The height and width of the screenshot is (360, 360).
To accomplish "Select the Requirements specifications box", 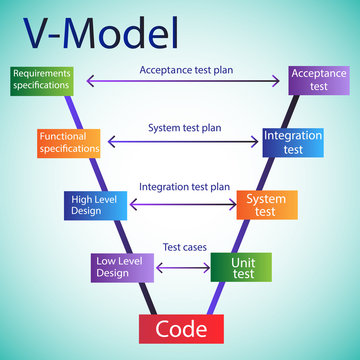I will pos(42,80).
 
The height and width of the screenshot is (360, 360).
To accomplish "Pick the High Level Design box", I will pos(93,204).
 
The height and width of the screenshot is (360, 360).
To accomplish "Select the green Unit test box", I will pos(240,266).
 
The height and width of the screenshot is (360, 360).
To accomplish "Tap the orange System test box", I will pos(266,204).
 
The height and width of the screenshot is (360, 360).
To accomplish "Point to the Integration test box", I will pos(292,141).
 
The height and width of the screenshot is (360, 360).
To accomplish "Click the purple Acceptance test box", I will pos(319,80).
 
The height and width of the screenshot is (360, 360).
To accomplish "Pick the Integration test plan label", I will pos(184,187).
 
